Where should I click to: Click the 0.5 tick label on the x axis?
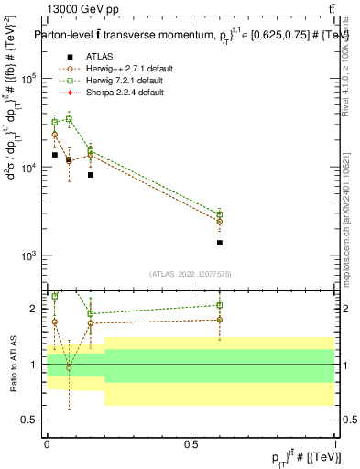pyautogui.click(x=191, y=444)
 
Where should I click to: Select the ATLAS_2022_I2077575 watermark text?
pyautogui.click(x=191, y=274)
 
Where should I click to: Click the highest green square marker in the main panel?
pyautogui.click(x=69, y=119)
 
